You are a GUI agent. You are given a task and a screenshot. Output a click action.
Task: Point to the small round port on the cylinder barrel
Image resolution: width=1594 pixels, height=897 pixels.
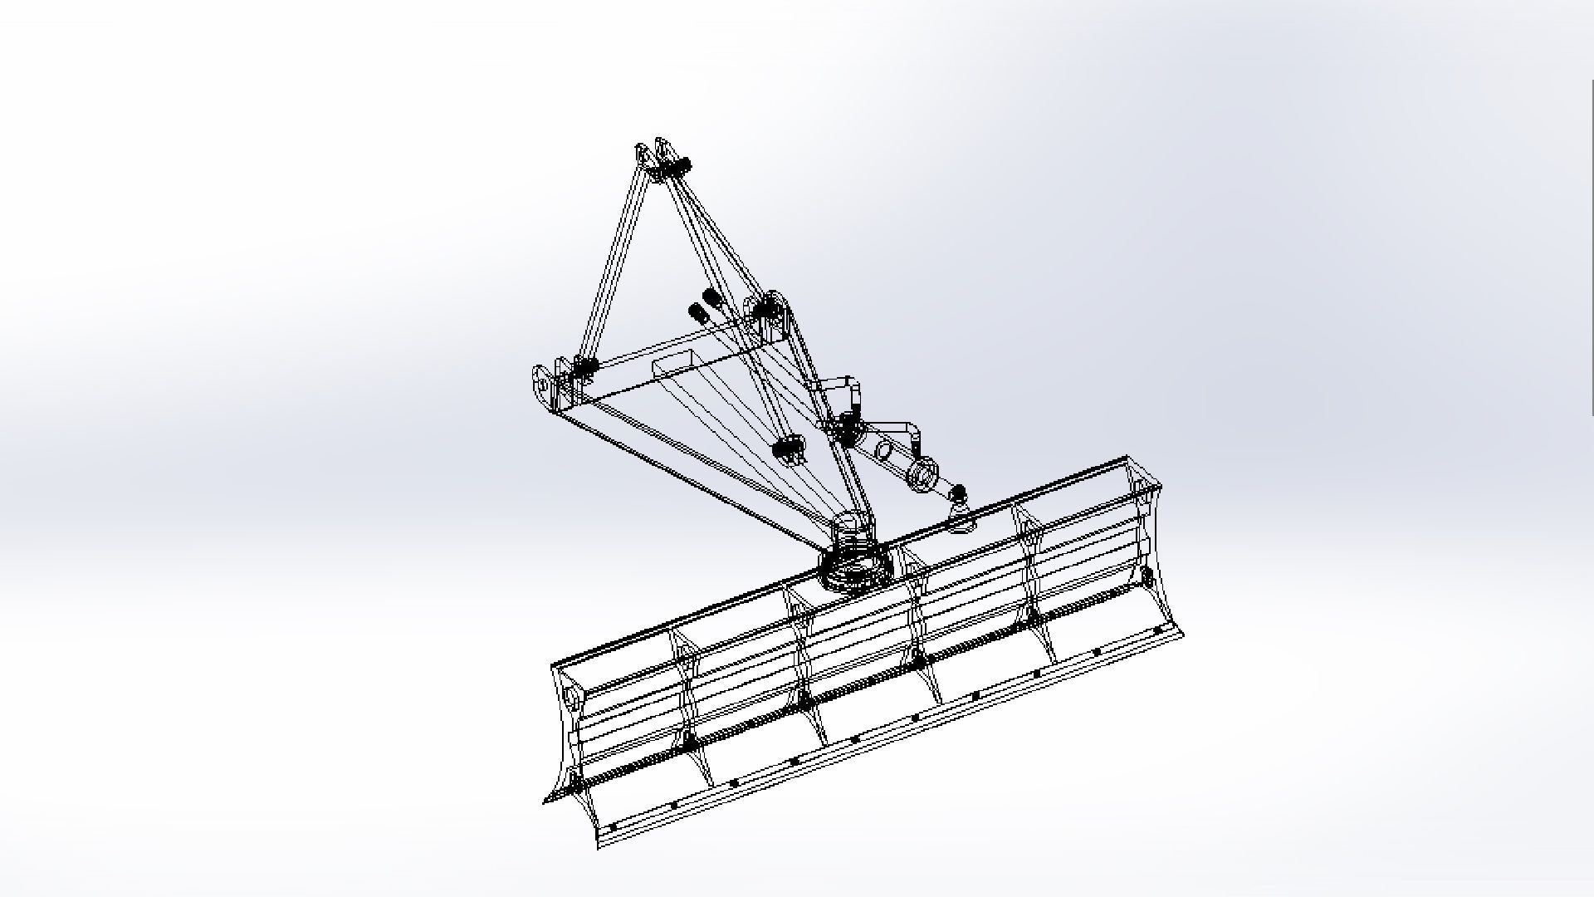pos(883,450)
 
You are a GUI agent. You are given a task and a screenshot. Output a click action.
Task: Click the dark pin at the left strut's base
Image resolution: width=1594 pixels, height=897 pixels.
pos(586,366)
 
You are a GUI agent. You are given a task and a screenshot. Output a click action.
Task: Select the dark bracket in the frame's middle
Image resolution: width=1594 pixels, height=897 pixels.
pos(789,449)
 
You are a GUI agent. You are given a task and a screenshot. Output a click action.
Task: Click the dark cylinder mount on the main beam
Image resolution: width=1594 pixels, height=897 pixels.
pos(846,427)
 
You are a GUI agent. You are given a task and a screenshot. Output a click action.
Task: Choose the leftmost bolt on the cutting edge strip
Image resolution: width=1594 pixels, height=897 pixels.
pos(613,827)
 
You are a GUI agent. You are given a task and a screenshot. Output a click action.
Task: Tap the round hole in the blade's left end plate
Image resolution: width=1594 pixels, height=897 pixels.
pos(571,694)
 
